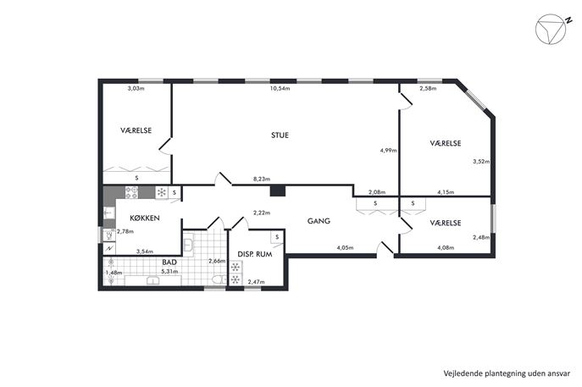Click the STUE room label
[280, 135]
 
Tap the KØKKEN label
[145, 218]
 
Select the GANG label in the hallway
[319, 221]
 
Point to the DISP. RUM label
[255, 254]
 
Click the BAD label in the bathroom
[169, 262]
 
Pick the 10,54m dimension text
[280, 88]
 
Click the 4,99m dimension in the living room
[388, 150]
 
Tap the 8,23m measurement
[262, 179]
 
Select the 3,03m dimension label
[136, 88]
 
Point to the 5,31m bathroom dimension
[169, 271]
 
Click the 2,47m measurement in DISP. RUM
[256, 282]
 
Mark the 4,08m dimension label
[446, 247]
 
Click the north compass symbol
[552, 29]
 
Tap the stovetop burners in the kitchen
[131, 192]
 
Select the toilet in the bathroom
[219, 279]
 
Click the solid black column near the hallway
[277, 191]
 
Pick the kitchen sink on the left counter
[109, 213]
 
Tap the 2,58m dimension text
[428, 88]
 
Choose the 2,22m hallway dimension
[262, 213]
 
